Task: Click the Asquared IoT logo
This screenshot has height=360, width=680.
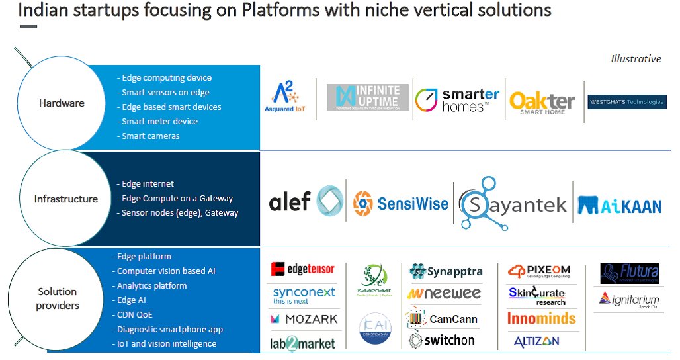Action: (287, 97)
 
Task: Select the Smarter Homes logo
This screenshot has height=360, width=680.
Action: (457, 100)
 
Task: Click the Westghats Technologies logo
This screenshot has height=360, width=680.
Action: (626, 102)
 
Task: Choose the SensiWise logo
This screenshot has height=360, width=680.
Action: (400, 203)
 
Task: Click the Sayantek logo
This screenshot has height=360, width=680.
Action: (513, 203)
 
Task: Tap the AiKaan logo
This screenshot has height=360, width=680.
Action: (620, 204)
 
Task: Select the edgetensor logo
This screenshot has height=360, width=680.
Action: (303, 269)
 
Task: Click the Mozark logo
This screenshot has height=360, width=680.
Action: (304, 319)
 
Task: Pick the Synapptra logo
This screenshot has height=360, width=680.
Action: (446, 271)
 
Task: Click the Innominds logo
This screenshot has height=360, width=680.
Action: (541, 318)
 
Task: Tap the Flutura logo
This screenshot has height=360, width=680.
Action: (629, 272)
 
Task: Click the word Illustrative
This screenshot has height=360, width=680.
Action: (636, 58)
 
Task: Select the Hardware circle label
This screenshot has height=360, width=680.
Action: (62, 103)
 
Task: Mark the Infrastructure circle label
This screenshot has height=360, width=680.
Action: (66, 199)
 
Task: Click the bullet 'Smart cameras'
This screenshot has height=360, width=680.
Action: (150, 136)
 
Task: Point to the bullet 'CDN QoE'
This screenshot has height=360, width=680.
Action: (135, 314)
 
